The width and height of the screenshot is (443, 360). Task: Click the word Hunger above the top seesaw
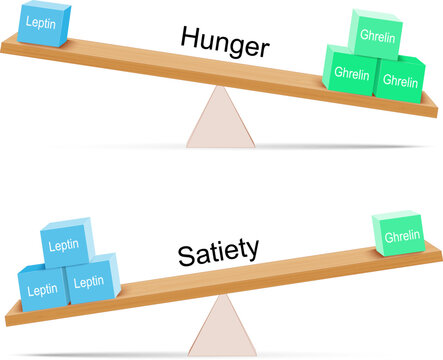point(226,42)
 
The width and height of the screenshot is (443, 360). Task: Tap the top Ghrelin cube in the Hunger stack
point(375,33)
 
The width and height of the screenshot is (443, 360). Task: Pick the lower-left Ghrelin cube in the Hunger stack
point(350,74)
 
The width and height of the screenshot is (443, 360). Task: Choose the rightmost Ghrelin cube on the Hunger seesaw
point(400,80)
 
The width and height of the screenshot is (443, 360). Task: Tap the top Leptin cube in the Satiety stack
point(66,245)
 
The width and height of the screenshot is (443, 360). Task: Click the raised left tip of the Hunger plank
point(6,41)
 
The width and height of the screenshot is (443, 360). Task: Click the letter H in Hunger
point(189,37)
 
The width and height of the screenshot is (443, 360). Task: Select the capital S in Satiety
point(187,255)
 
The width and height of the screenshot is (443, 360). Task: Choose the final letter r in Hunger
point(265,48)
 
